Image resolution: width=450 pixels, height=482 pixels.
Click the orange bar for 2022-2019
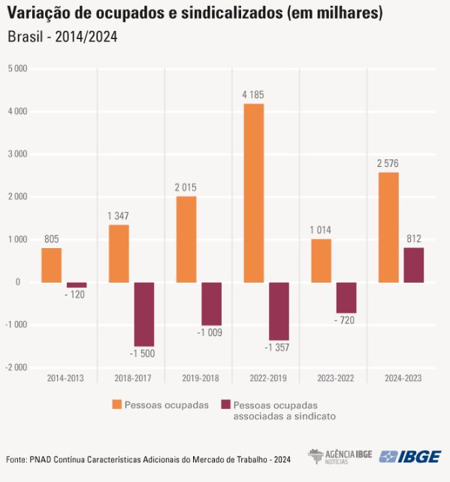click(253, 193)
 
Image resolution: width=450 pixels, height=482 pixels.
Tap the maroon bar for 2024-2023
click(413, 265)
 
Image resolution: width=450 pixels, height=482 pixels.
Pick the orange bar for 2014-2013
click(51, 265)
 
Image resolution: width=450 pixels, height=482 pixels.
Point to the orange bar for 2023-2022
click(321, 261)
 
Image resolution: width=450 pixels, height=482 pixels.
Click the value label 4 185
click(253, 95)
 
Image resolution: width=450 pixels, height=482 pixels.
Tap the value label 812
click(412, 239)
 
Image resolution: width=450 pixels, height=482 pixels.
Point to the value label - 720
click(346, 321)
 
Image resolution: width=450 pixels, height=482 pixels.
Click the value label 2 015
click(186, 187)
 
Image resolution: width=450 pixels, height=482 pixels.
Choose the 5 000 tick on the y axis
click(17, 68)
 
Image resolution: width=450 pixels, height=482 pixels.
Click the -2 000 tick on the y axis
click(16, 368)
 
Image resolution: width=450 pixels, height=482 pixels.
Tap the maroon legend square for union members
click(225, 405)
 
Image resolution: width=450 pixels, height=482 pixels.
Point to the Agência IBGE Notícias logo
click(340, 456)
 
